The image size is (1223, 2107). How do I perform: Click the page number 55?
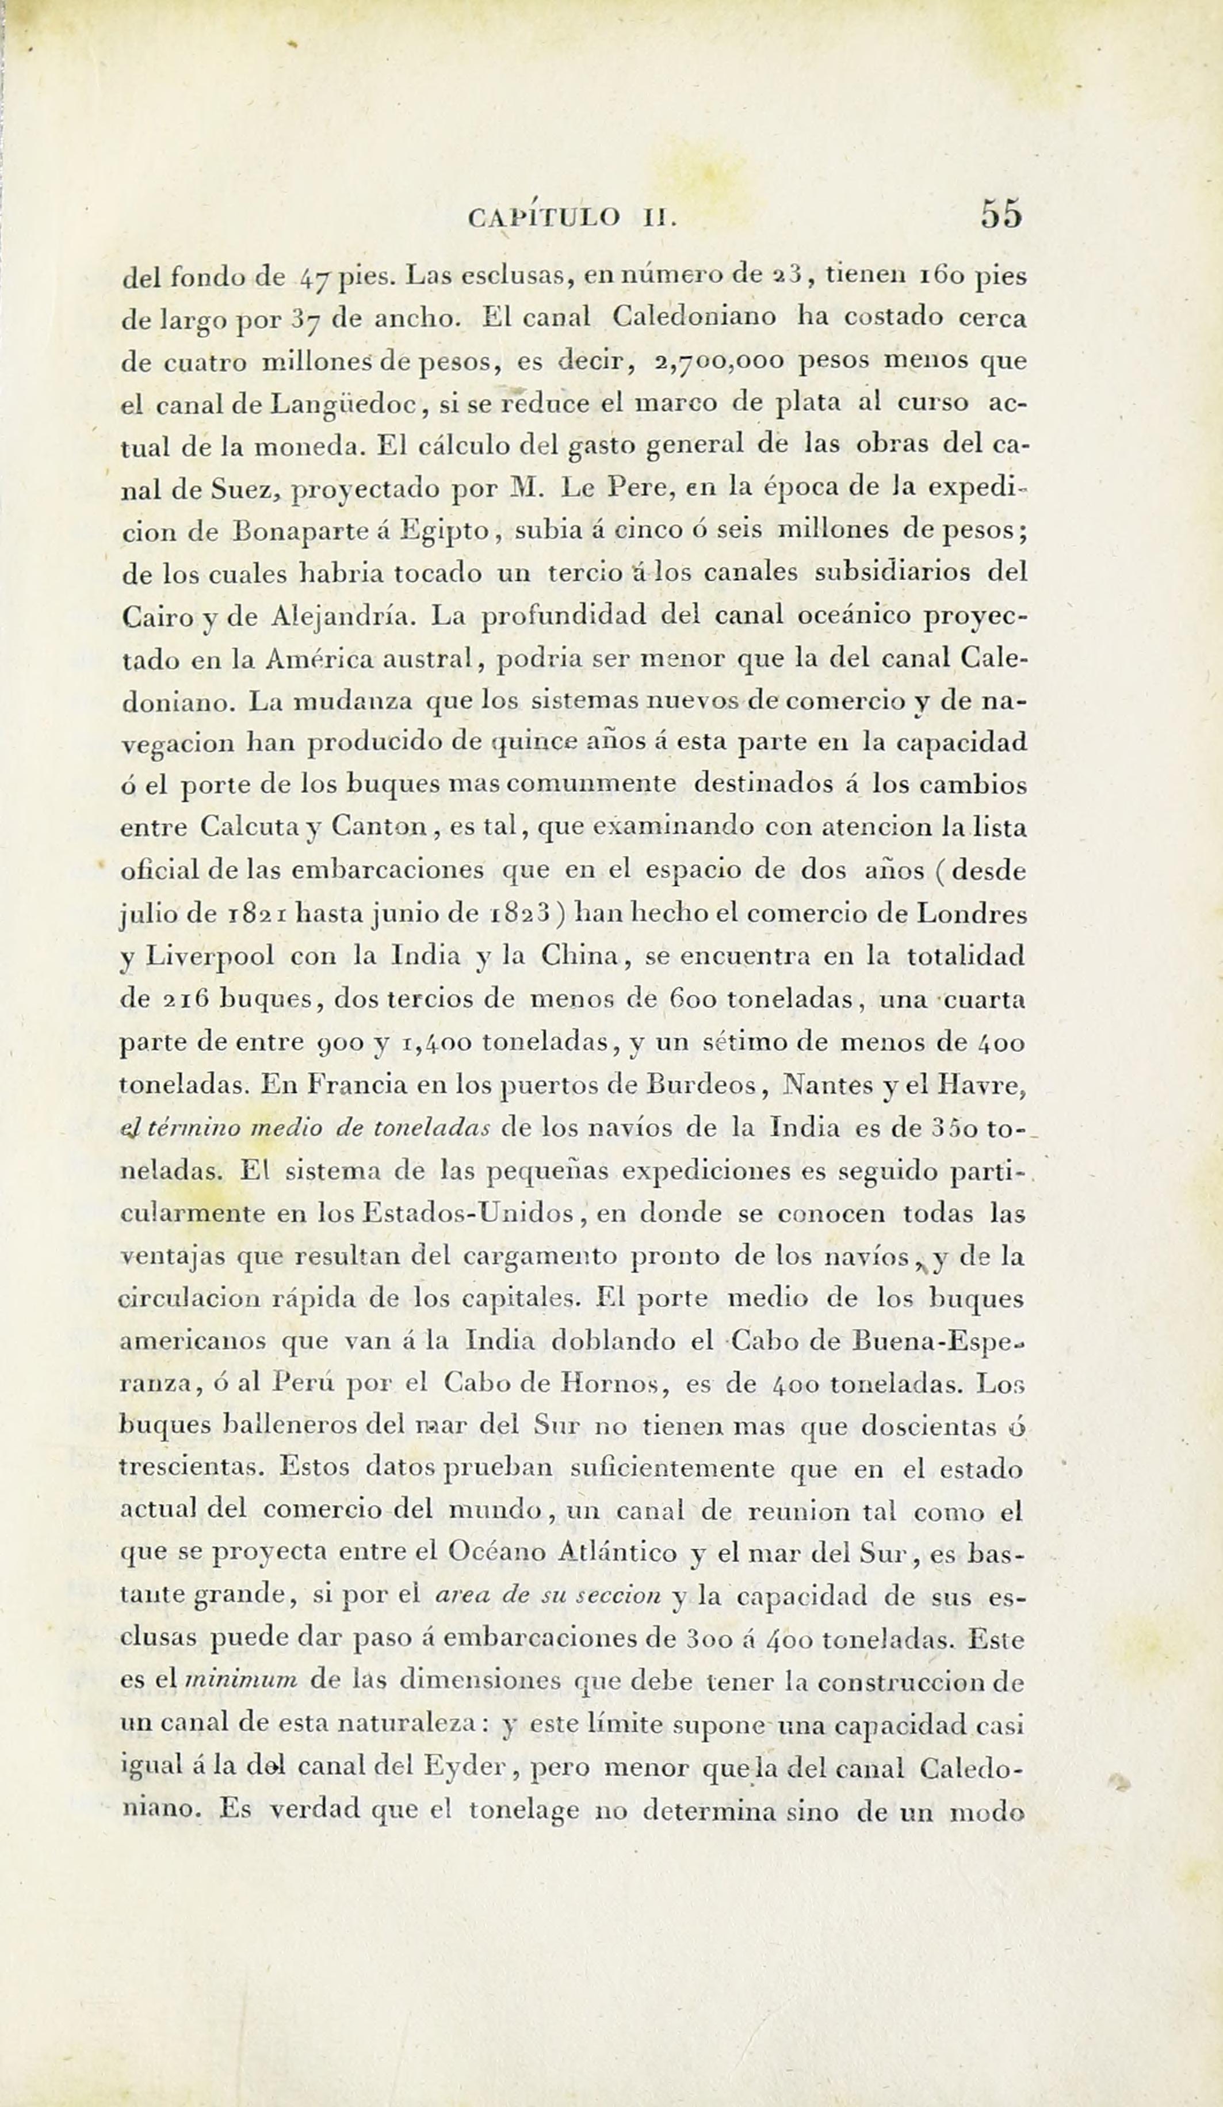(x=1002, y=214)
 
